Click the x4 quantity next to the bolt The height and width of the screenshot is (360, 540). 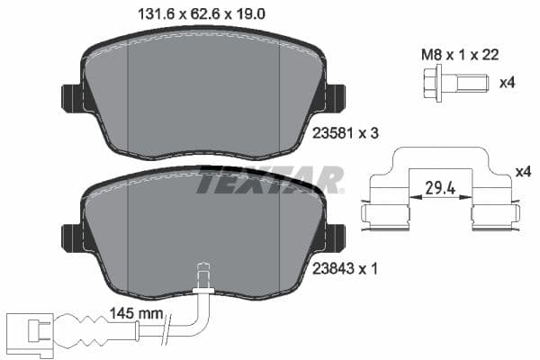coord(508,84)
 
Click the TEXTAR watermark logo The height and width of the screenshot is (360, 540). coord(270,180)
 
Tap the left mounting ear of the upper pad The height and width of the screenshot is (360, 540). coord(71,97)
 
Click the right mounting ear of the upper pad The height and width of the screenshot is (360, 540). coord(335,97)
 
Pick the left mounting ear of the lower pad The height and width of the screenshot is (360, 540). coord(71,238)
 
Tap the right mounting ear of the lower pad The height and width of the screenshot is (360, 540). coord(335,238)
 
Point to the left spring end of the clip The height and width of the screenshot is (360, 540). coord(378,213)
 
